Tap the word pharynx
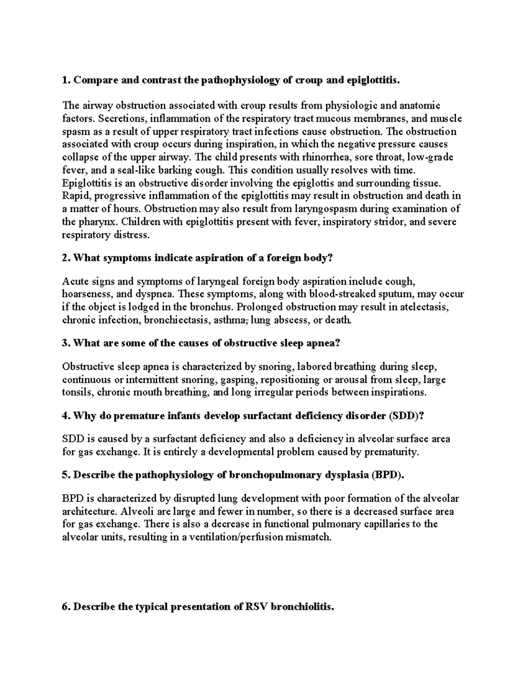point(96,222)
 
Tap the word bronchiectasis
point(176,320)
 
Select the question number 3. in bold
point(66,344)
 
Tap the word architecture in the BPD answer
point(86,512)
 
